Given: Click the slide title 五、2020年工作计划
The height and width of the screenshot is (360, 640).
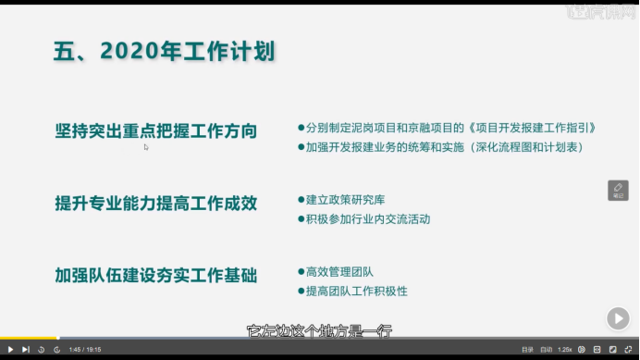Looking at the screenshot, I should tap(165, 50).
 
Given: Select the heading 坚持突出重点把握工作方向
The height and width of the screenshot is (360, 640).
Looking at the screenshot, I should tap(155, 130).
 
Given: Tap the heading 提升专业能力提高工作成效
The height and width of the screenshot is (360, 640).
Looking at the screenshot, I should tap(155, 203).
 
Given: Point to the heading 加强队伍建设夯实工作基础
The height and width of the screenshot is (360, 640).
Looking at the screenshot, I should tap(155, 275).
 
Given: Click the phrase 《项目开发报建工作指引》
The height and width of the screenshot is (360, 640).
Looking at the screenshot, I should tap(531, 128).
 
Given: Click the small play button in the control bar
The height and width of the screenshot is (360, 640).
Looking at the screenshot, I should tap(10, 349).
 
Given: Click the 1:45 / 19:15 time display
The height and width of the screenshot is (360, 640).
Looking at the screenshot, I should tap(85, 349).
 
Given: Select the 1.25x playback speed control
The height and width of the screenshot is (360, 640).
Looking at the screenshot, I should tap(565, 349).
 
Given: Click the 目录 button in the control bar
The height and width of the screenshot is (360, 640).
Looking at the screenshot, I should tap(527, 349).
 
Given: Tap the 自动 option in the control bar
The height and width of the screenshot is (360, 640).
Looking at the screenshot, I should tap(547, 349).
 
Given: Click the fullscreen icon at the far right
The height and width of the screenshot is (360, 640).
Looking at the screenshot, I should tap(629, 349).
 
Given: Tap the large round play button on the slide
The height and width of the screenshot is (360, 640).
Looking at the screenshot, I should tap(618, 317).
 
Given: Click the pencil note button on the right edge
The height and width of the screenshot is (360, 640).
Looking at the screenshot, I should tap(618, 190).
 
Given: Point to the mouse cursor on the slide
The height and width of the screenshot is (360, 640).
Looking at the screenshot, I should tap(146, 146).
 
